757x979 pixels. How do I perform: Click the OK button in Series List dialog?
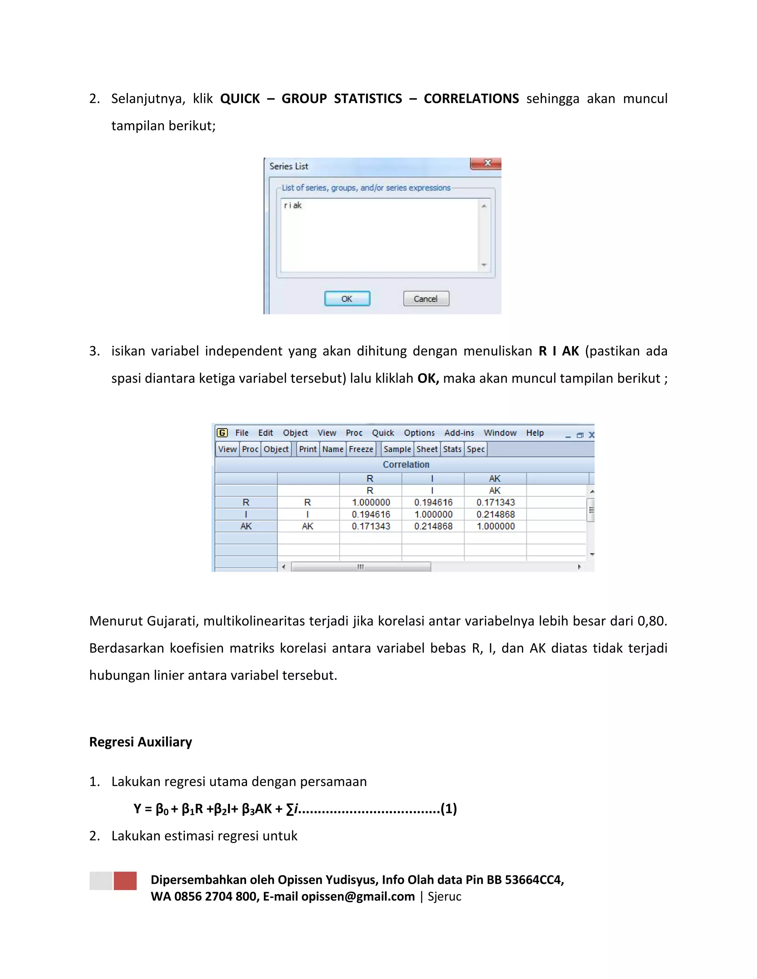(x=347, y=299)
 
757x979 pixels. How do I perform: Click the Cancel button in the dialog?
(x=425, y=299)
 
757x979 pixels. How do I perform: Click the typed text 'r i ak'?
(x=293, y=205)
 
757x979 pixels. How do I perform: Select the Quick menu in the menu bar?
(x=383, y=433)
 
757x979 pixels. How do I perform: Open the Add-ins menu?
(x=459, y=433)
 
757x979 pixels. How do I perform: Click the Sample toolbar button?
(x=397, y=449)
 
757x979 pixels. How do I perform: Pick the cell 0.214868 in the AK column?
(x=496, y=514)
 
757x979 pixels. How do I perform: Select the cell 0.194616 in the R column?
(x=371, y=514)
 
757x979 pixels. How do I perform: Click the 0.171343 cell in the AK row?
(x=371, y=526)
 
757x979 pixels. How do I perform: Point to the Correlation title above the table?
(x=406, y=464)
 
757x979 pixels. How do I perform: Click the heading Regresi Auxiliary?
(x=140, y=742)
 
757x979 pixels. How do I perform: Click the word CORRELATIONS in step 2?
(x=471, y=99)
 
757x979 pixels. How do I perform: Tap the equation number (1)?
(x=448, y=809)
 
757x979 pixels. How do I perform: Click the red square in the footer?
(x=125, y=880)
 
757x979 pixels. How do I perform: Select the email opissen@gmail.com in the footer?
(x=358, y=896)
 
